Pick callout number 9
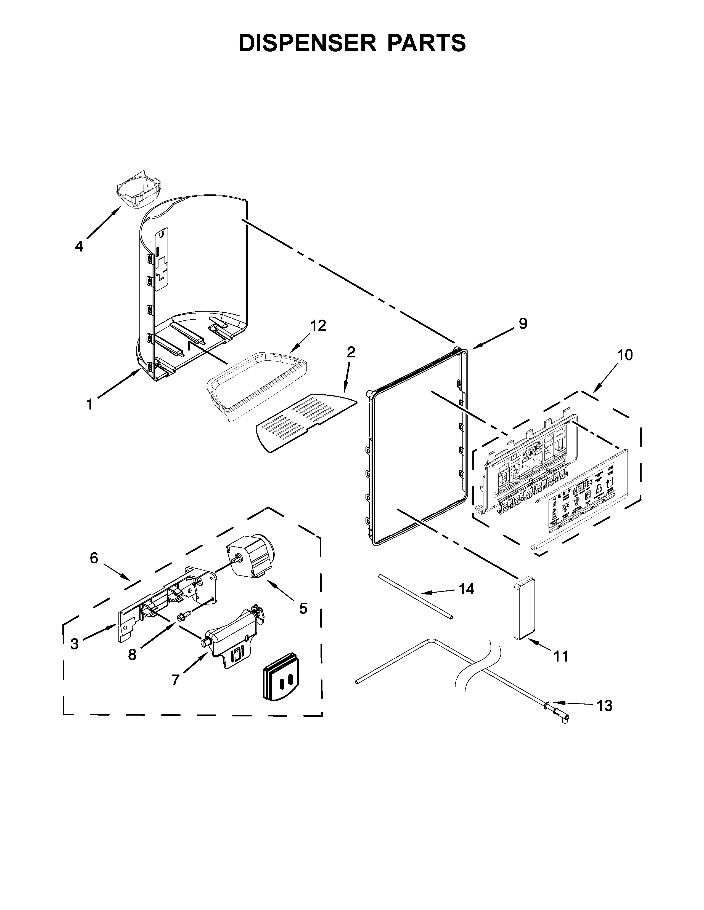[523, 323]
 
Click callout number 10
[625, 355]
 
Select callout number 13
[604, 705]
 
